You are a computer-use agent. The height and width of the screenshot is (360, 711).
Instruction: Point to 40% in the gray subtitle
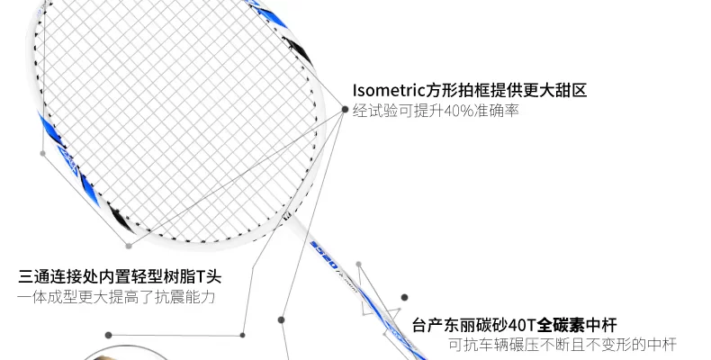pos(455,111)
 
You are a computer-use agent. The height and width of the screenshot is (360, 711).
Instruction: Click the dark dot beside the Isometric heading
pos(345,109)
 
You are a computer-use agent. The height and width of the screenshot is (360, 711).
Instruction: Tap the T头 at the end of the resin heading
pos(210,276)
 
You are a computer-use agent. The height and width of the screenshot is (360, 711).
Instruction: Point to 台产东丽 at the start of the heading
pos(443,325)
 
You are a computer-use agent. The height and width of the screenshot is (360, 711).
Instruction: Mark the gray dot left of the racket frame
pos(42,153)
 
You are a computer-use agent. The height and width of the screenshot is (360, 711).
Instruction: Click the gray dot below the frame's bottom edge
pos(129,245)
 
